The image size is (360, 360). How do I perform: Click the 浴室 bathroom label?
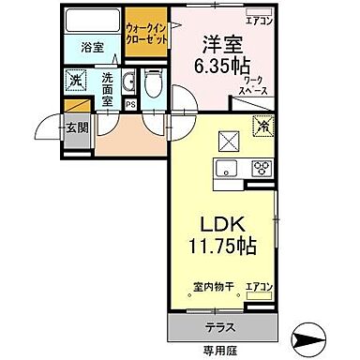[91, 46]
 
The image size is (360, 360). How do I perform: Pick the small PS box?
[129, 103]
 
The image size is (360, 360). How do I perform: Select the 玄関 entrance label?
[78, 127]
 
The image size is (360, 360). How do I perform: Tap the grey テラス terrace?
[220, 328]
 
